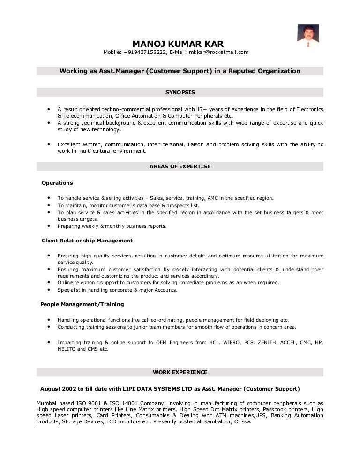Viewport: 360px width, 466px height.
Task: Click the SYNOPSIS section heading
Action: tap(180, 92)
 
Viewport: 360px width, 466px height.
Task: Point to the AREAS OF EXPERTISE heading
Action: tap(180, 166)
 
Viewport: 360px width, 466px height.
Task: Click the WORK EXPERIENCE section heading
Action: tap(180, 372)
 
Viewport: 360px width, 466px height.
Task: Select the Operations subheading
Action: tap(57, 183)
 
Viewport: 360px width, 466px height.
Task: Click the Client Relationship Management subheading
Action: tap(87, 241)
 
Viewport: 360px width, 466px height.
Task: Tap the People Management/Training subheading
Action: tap(82, 304)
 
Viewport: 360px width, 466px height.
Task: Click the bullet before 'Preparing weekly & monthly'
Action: tap(49, 226)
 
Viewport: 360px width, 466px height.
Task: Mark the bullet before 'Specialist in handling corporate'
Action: tap(49, 290)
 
